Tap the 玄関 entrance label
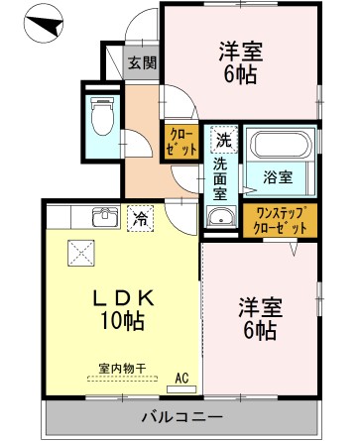point(141,63)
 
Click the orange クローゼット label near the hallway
point(180,142)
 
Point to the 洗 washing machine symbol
point(223,140)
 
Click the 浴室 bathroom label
point(277,177)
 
